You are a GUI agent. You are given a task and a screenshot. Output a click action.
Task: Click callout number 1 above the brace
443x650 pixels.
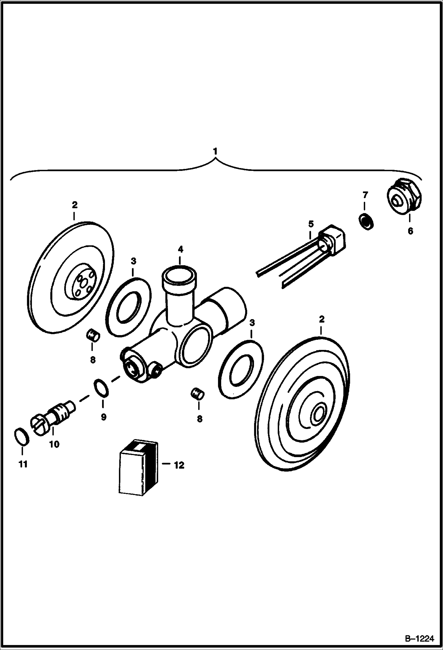215,151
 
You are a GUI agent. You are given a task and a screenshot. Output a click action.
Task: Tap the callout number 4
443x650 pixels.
180,249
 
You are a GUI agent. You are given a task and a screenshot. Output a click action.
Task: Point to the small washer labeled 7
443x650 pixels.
366,221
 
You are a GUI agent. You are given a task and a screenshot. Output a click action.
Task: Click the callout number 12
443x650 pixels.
179,465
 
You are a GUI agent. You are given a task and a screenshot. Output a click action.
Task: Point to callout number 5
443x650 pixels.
311,224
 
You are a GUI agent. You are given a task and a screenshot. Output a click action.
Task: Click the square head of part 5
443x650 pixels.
333,239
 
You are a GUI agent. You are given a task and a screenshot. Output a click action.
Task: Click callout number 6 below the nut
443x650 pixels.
410,231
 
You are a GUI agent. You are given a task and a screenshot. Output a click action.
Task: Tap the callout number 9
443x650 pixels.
103,417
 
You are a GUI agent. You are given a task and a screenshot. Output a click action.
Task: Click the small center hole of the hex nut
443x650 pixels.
397,202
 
